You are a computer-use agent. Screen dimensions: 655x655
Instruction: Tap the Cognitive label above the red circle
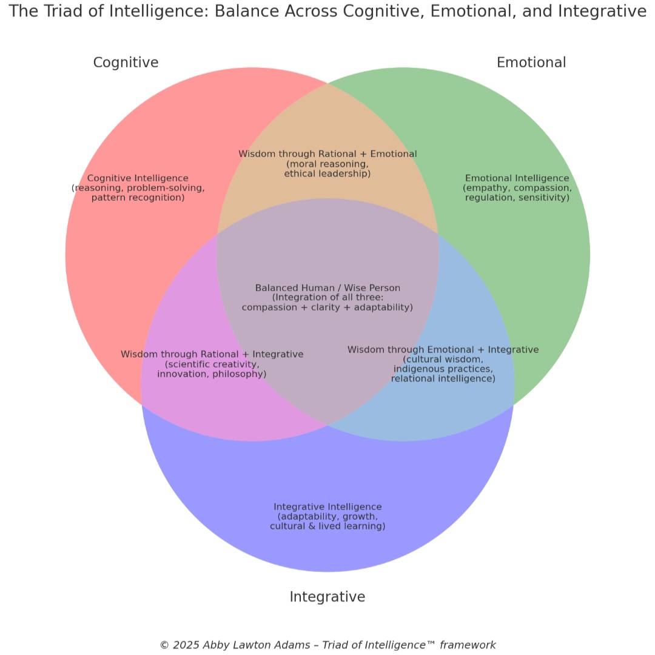click(x=126, y=62)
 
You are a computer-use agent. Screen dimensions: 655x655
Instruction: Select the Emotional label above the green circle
click(x=531, y=62)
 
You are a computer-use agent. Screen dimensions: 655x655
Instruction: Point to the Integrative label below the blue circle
click(x=327, y=597)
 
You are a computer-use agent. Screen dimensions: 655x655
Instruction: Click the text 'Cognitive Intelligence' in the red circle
click(x=138, y=178)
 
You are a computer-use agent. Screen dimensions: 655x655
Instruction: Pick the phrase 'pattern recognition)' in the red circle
click(x=138, y=198)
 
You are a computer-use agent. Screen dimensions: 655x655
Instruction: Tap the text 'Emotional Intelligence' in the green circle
click(x=517, y=178)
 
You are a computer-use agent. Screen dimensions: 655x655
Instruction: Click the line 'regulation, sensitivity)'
click(x=517, y=198)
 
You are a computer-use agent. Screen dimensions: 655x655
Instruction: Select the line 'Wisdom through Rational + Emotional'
click(x=327, y=154)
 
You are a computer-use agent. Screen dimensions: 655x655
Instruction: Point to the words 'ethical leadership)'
click(x=327, y=174)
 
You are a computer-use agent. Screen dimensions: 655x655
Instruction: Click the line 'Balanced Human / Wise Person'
click(x=327, y=288)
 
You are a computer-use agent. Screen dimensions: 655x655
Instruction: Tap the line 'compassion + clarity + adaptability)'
click(x=327, y=307)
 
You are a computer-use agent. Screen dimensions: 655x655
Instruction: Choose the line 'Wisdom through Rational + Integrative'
click(x=212, y=354)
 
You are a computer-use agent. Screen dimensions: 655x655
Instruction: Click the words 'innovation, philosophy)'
click(x=212, y=374)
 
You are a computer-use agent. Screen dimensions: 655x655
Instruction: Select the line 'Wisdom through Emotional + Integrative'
click(x=443, y=350)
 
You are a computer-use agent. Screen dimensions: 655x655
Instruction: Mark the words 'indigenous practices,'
click(x=443, y=369)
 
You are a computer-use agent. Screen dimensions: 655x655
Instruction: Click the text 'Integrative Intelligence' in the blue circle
click(x=327, y=506)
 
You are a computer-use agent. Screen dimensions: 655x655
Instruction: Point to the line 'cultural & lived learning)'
click(x=327, y=526)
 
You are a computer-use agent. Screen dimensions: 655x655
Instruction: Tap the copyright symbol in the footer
click(x=164, y=645)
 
